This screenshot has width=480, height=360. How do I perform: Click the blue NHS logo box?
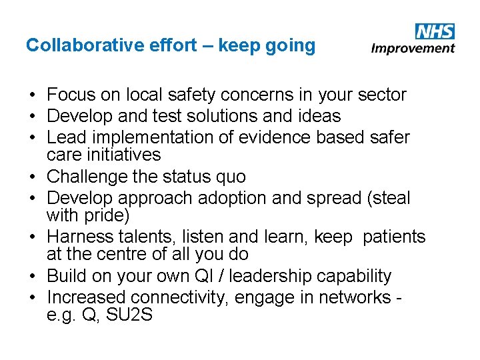[x=434, y=31]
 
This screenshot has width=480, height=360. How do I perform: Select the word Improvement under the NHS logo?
[x=413, y=48]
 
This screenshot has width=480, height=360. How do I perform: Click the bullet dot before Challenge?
[x=31, y=177]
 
